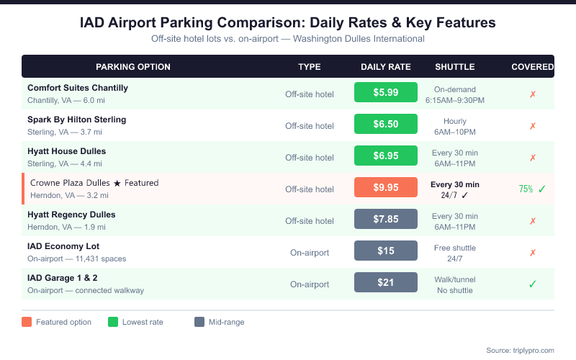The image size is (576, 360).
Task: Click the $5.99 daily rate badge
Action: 386,92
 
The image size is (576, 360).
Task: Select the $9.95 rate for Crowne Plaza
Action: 386,188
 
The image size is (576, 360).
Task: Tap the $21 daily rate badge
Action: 386,282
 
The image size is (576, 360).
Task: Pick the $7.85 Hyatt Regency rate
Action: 386,220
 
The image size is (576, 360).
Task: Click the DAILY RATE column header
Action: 386,67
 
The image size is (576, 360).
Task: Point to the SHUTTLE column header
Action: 455,67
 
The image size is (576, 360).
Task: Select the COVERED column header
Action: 532,67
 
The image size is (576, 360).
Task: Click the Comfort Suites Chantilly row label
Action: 78,88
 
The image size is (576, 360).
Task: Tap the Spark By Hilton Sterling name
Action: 77,120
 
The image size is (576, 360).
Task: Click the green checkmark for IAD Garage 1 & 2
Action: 533,284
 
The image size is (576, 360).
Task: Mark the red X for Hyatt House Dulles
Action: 533,157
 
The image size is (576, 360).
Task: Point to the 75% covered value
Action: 526,189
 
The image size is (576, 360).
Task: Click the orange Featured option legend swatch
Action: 27,322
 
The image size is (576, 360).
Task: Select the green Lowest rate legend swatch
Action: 113,322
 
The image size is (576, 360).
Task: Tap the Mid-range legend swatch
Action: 199,322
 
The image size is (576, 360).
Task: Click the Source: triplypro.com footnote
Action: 520,350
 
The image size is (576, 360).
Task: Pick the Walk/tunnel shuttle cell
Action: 455,279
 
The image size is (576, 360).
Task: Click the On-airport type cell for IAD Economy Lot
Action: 310,252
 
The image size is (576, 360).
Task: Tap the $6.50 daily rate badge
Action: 386,124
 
